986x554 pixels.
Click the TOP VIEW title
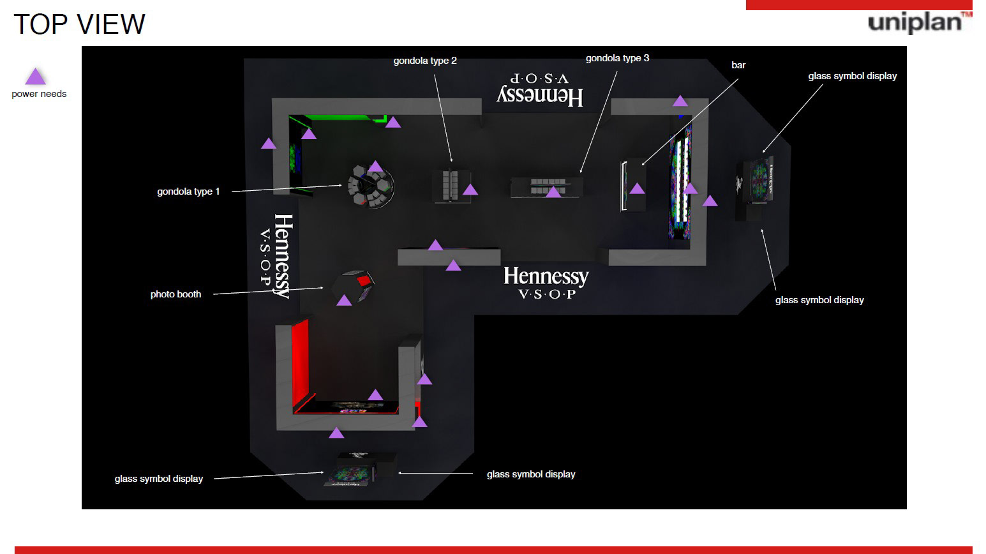coord(79,24)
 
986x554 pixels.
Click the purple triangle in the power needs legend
coord(35,76)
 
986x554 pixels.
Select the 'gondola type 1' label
coord(188,191)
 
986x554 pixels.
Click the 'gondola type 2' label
coord(425,61)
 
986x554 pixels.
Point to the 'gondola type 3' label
coord(617,58)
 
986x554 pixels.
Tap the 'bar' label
coord(738,65)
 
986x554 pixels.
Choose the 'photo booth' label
coord(176,294)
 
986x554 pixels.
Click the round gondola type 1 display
coord(371,186)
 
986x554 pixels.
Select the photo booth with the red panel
coord(354,286)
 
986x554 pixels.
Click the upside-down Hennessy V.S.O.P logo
coord(540,90)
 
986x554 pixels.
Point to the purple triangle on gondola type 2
coord(470,190)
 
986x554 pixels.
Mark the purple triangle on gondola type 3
coord(553,191)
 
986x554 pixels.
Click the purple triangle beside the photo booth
coord(344,301)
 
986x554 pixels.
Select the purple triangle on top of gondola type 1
coord(375,166)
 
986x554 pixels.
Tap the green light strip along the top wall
coord(337,117)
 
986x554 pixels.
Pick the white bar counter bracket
coord(624,186)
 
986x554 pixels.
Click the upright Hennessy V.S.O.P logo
coord(546,283)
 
